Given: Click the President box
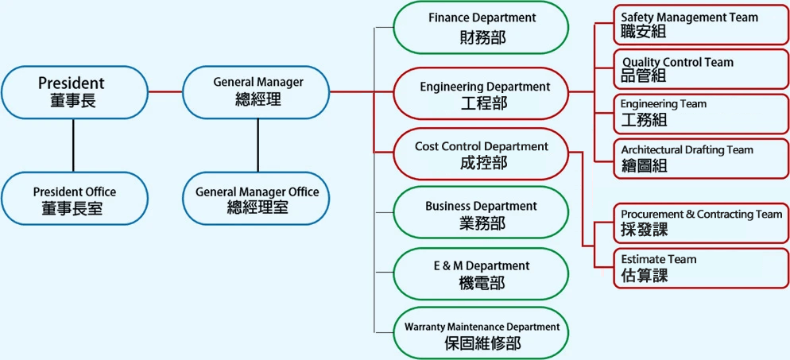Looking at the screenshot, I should [x=74, y=92].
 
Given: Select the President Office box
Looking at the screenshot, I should [x=74, y=199].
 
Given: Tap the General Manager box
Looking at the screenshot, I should [x=257, y=92].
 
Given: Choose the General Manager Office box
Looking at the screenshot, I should [x=257, y=199].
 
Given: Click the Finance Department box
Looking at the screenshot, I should [x=482, y=27].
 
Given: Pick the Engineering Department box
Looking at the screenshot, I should [x=482, y=94].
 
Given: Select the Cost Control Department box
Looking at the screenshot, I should [x=482, y=154].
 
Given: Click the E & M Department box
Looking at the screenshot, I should [x=482, y=273].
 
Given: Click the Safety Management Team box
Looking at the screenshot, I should [x=701, y=25].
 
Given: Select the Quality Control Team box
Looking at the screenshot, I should [x=701, y=69].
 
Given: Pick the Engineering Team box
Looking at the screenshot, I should [x=701, y=113].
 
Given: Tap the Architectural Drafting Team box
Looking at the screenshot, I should [x=701, y=158].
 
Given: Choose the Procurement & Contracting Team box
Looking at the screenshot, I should [x=701, y=223].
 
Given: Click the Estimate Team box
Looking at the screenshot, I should [x=701, y=268].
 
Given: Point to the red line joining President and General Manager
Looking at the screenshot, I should [x=165, y=92].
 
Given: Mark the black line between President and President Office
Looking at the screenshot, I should [x=74, y=145].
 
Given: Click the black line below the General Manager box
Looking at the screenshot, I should [x=257, y=145].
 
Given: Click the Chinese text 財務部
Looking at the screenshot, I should [x=482, y=37].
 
